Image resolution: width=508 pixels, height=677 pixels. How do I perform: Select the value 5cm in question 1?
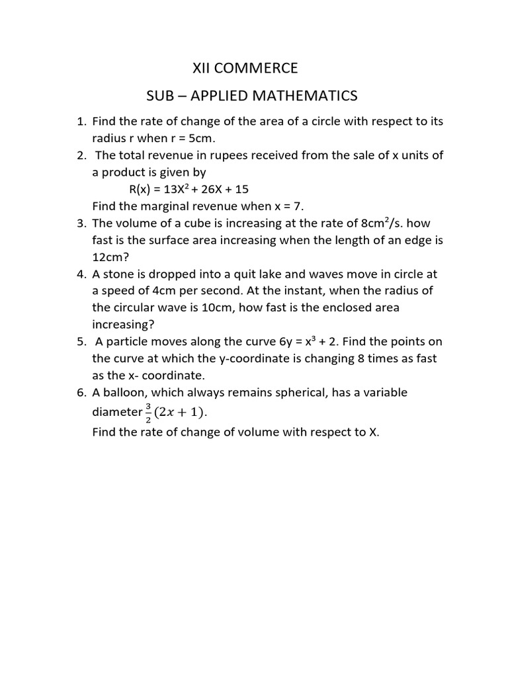(x=199, y=138)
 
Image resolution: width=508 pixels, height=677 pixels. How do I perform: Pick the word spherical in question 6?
(x=308, y=393)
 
